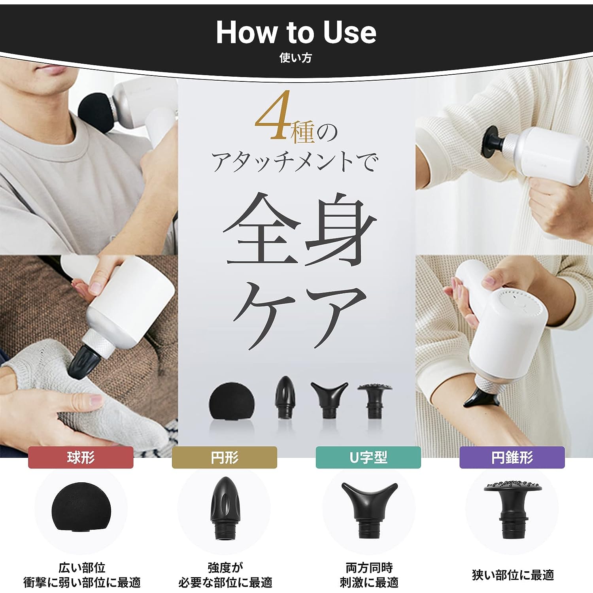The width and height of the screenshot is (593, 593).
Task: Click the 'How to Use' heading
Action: [x=296, y=32]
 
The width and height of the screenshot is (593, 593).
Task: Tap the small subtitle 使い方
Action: [x=296, y=58]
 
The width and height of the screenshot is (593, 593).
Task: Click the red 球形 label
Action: [x=81, y=457]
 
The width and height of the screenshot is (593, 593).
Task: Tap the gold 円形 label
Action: [x=225, y=457]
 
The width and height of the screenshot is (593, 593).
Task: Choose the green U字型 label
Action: [x=368, y=457]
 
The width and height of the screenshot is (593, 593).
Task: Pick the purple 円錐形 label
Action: [x=512, y=457]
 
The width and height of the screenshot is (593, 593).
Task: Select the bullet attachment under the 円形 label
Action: [x=225, y=508]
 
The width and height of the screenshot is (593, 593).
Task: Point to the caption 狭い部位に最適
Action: [x=513, y=575]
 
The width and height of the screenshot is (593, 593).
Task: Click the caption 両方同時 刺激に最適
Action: [x=369, y=575]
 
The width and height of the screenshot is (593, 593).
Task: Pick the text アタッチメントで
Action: [x=295, y=162]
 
